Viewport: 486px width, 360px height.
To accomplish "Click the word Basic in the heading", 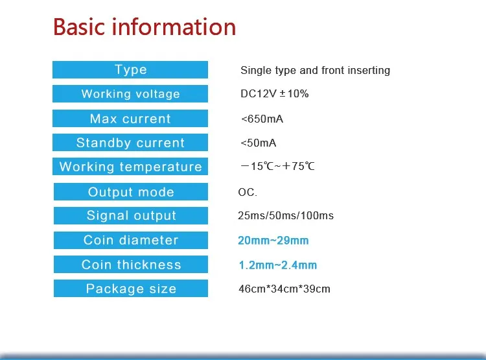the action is (79, 27).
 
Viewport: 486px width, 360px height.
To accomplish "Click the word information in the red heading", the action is (174, 27).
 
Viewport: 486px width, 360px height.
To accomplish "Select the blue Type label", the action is (130, 69).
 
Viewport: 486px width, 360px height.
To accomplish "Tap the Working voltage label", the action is (130, 93).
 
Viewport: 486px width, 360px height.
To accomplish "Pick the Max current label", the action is (130, 118).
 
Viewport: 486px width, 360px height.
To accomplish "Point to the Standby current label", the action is (130, 143).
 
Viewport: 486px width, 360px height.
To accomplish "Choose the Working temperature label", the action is (130, 166).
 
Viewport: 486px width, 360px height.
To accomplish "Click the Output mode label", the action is (131, 191).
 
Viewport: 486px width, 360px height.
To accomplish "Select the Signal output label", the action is (131, 215).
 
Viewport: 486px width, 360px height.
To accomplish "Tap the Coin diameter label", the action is (131, 240).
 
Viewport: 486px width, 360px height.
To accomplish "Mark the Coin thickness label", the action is (131, 265).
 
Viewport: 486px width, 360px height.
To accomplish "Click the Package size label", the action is (131, 288).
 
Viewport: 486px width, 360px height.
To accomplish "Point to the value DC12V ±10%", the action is (275, 93).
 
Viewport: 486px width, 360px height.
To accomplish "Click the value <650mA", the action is (262, 119).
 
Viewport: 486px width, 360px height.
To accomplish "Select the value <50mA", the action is (258, 143).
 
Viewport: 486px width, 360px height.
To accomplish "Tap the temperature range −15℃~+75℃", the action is (277, 166).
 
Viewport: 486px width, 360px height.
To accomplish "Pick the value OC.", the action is (248, 192).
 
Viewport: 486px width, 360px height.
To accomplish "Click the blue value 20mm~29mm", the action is (273, 241).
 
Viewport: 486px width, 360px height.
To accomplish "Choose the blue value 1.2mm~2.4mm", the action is (278, 265).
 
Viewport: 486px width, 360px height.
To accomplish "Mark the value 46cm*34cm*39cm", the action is (284, 289).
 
